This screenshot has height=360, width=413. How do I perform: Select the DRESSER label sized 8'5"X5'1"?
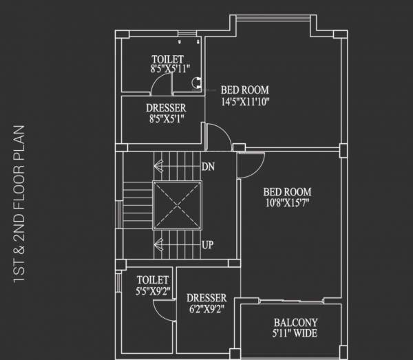[165, 108]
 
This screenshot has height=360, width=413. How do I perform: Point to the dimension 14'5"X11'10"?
[244, 102]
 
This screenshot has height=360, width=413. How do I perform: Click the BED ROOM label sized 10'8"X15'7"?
[288, 192]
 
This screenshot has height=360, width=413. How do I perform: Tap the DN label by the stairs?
[208, 167]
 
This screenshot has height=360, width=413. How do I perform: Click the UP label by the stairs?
[208, 244]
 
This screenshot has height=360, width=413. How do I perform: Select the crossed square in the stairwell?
[177, 205]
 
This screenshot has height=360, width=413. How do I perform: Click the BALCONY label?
[295, 323]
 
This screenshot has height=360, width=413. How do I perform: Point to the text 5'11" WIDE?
[295, 335]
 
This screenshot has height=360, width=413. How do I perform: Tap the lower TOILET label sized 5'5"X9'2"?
[152, 279]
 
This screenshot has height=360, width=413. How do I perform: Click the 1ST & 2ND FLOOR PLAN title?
[19, 204]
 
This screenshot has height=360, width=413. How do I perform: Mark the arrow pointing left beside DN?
[159, 165]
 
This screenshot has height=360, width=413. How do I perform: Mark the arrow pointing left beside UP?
[159, 243]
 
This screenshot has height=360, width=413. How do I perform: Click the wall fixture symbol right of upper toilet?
[196, 82]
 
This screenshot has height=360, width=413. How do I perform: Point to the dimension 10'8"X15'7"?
[288, 203]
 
